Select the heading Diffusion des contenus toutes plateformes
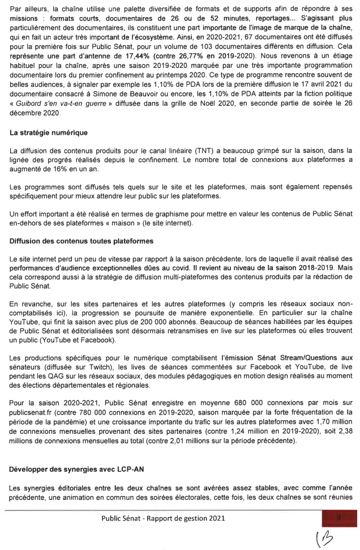coord(77,226)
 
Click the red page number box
coord(337,517)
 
